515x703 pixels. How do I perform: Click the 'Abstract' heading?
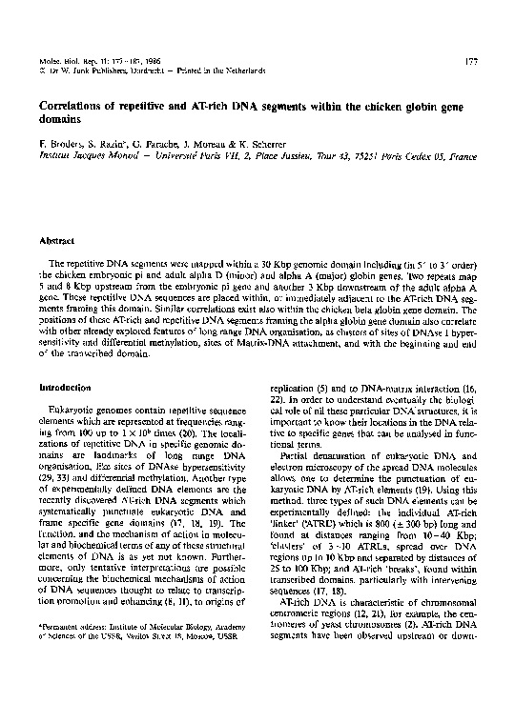[x=55, y=242]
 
